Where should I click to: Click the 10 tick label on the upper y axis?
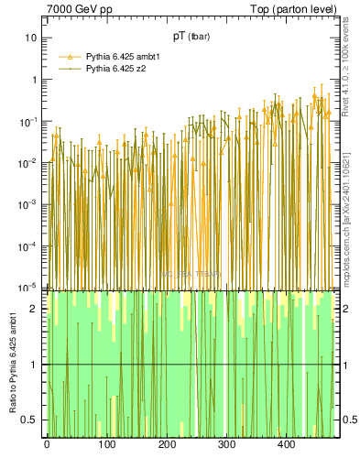coord(30,38)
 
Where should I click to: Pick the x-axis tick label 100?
coord(106,445)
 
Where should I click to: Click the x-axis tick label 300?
coord(226,445)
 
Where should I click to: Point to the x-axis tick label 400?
coord(286,445)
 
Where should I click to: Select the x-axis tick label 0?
coord(47,445)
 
